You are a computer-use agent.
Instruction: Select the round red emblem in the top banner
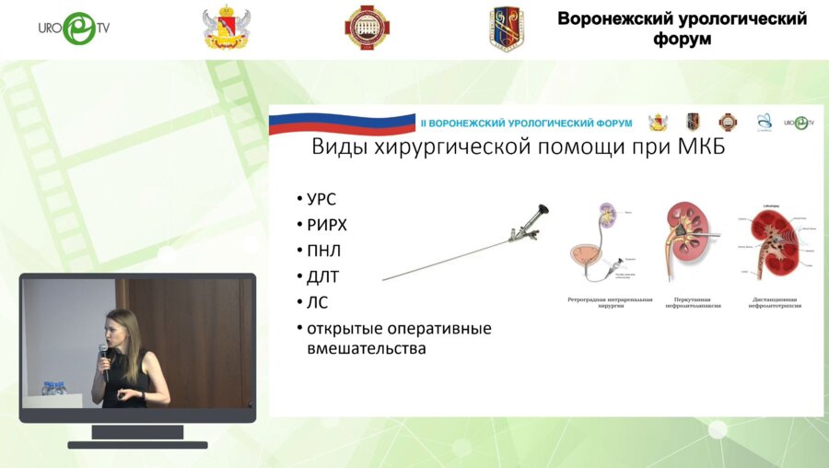point(366,29)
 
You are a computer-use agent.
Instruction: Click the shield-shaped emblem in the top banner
point(506,29)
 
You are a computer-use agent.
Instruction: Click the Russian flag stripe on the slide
point(341,123)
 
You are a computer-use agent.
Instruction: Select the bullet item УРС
point(321,200)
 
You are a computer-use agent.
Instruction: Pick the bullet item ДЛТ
point(323,276)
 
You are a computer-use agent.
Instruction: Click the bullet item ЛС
point(317,302)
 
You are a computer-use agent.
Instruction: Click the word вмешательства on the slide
point(366,349)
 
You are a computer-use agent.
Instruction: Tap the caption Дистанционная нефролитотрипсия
point(775,301)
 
